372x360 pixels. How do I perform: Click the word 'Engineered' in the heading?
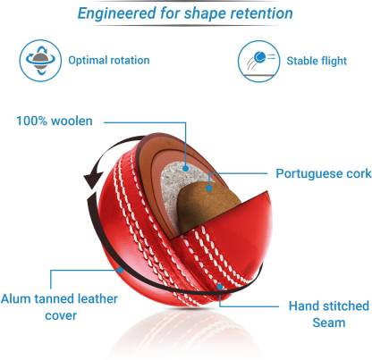(x=116, y=13)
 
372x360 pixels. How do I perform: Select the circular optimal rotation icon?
(x=40, y=61)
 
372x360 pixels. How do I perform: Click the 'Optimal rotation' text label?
(x=109, y=60)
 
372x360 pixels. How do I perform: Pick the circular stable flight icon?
(x=259, y=62)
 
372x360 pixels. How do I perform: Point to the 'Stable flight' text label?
(x=317, y=61)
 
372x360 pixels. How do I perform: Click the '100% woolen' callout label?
(x=55, y=121)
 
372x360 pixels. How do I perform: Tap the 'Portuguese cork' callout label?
(x=324, y=173)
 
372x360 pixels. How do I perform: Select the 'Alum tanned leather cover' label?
(x=59, y=307)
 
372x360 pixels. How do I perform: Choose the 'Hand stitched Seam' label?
(x=329, y=314)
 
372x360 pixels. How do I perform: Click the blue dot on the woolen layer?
(x=186, y=169)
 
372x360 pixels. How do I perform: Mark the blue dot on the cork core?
(x=209, y=188)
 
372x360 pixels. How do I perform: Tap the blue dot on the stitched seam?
(x=220, y=287)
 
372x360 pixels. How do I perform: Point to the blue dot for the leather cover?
(x=120, y=270)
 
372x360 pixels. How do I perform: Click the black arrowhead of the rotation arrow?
(x=93, y=177)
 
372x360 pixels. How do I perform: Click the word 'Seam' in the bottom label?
(x=329, y=322)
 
